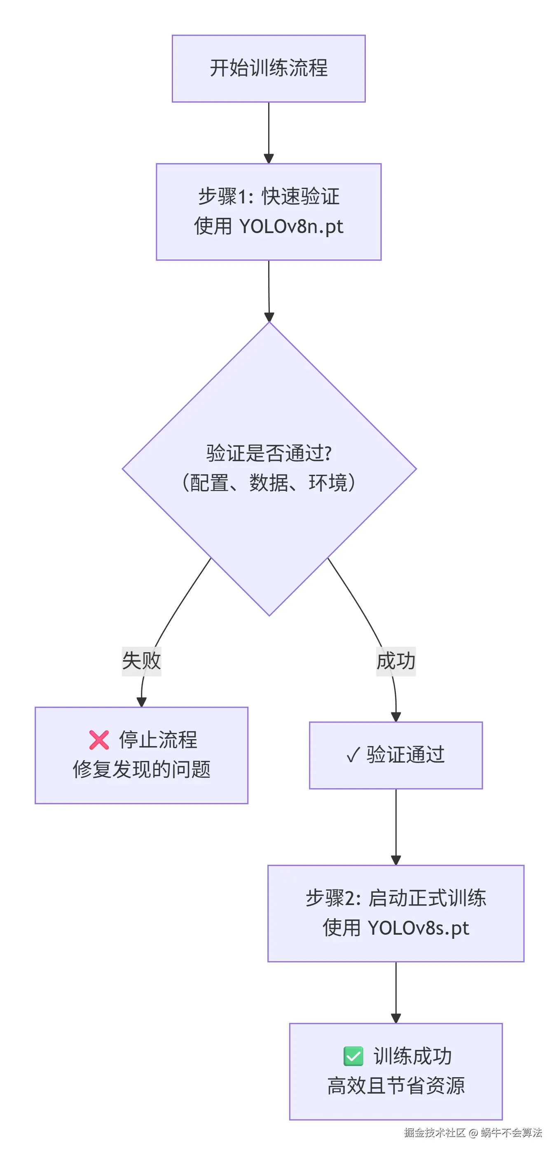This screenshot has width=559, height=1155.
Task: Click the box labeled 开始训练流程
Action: pos(268,69)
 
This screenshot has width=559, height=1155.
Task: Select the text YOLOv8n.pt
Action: pos(291,227)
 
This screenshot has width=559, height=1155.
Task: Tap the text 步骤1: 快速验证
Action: pos(268,196)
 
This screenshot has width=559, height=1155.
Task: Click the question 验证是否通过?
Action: pos(268,453)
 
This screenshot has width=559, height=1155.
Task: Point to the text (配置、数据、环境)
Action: pos(268,483)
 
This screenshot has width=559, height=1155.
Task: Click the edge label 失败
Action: pos(141,661)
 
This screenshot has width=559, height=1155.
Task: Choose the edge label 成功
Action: pos(396,661)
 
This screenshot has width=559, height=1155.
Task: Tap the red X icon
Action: pos(99,740)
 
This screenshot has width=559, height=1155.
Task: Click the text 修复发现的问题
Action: pos(141,770)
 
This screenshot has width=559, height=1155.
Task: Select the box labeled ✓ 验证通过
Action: pos(396,755)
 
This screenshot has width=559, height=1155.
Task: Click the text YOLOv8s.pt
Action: pos(418,928)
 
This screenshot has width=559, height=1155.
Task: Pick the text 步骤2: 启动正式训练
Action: pos(396,898)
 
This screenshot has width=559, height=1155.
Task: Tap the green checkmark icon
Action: pos(353,1056)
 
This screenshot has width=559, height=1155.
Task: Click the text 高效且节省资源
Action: pos(396,1086)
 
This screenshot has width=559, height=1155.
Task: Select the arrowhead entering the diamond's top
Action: pos(269,317)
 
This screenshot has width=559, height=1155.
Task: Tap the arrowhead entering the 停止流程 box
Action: pos(141,702)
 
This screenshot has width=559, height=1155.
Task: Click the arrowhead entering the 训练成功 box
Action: pos(396,1018)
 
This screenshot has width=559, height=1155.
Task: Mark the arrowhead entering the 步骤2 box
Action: pos(396,861)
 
